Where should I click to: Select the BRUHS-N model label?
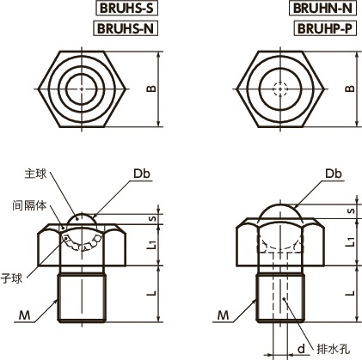tap(123, 27)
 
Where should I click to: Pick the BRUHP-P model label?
tap(323, 27)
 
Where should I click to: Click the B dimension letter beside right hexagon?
tap(348, 88)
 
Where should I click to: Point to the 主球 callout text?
tap(34, 173)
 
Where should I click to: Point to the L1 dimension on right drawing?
tap(349, 245)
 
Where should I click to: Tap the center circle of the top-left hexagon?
tap(83, 88)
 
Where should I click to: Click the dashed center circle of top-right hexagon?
tap(277, 88)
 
